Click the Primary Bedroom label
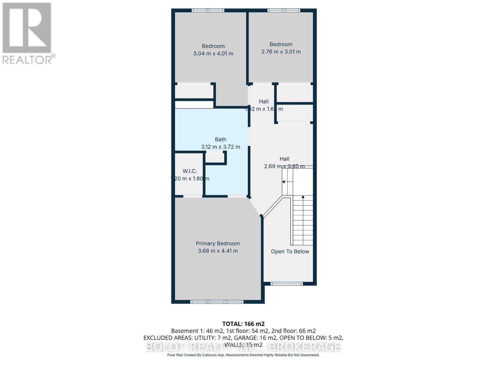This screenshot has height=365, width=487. click(218, 243)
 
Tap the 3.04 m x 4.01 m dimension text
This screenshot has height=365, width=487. click(213, 54)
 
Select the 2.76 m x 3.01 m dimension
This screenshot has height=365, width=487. click(281, 52)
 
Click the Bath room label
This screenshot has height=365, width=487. click(220, 139)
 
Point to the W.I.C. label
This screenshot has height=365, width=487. click(190, 171)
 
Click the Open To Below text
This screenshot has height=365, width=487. click(290, 252)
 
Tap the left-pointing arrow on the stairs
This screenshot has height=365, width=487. click(284, 182)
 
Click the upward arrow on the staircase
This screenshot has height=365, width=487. click(303, 197)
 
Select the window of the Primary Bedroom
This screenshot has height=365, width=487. click(217, 302)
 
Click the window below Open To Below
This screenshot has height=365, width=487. click(286, 284)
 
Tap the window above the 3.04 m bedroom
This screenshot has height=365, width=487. click(208, 10)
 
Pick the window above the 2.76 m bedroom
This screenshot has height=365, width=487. click(284, 10)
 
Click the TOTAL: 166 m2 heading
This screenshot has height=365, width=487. click(243, 324)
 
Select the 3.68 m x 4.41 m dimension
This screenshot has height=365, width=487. click(218, 251)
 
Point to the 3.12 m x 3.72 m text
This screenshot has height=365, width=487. click(220, 147)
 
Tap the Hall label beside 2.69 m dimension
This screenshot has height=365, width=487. click(284, 159)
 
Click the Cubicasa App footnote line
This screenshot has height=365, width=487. click(243, 355)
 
